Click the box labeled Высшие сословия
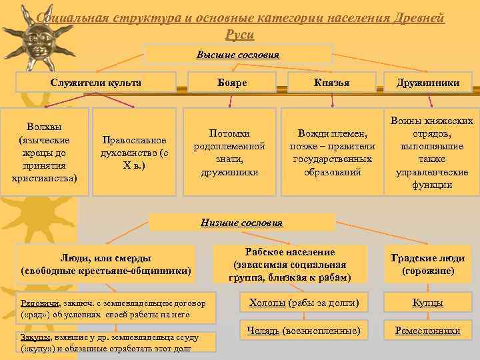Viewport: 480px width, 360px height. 238,54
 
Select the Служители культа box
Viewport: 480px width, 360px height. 96,82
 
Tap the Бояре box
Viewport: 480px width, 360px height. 232,82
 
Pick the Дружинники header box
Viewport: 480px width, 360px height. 428,82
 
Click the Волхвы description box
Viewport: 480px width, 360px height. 45,152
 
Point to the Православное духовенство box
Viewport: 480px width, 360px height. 135,152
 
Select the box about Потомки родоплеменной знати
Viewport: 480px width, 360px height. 229,153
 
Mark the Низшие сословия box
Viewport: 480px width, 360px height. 241,222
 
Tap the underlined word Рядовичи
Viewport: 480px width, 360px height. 38,303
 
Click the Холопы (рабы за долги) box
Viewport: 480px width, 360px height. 303,303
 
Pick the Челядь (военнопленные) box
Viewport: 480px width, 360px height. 303,331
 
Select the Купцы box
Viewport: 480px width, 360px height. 428,303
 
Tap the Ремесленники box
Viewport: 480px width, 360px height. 428,331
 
